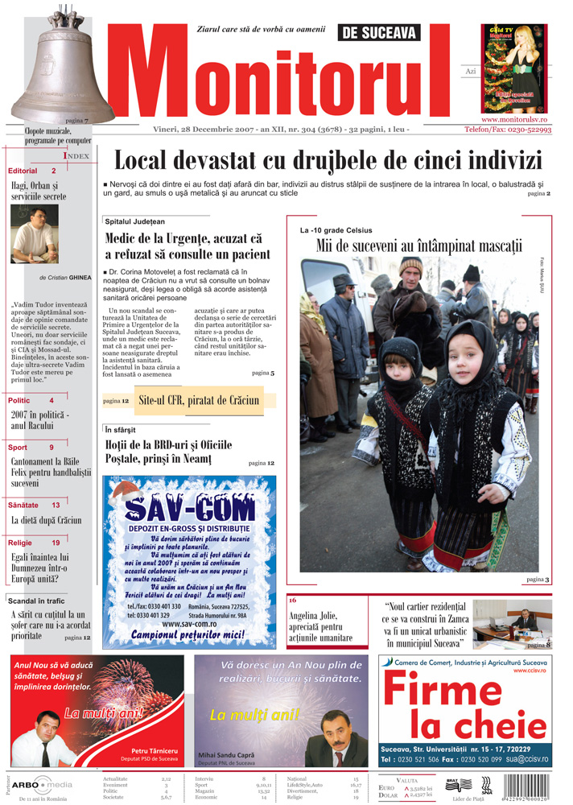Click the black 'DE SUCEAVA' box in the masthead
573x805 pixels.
point(379,32)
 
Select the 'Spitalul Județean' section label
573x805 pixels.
point(134,221)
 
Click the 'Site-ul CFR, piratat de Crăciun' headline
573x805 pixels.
point(199,399)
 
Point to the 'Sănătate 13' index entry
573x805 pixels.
point(34,505)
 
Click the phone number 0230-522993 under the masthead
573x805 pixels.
point(520,130)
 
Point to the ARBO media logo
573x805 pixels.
point(44,784)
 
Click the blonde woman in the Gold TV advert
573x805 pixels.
point(512,60)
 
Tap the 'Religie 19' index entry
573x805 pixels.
point(34,543)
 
